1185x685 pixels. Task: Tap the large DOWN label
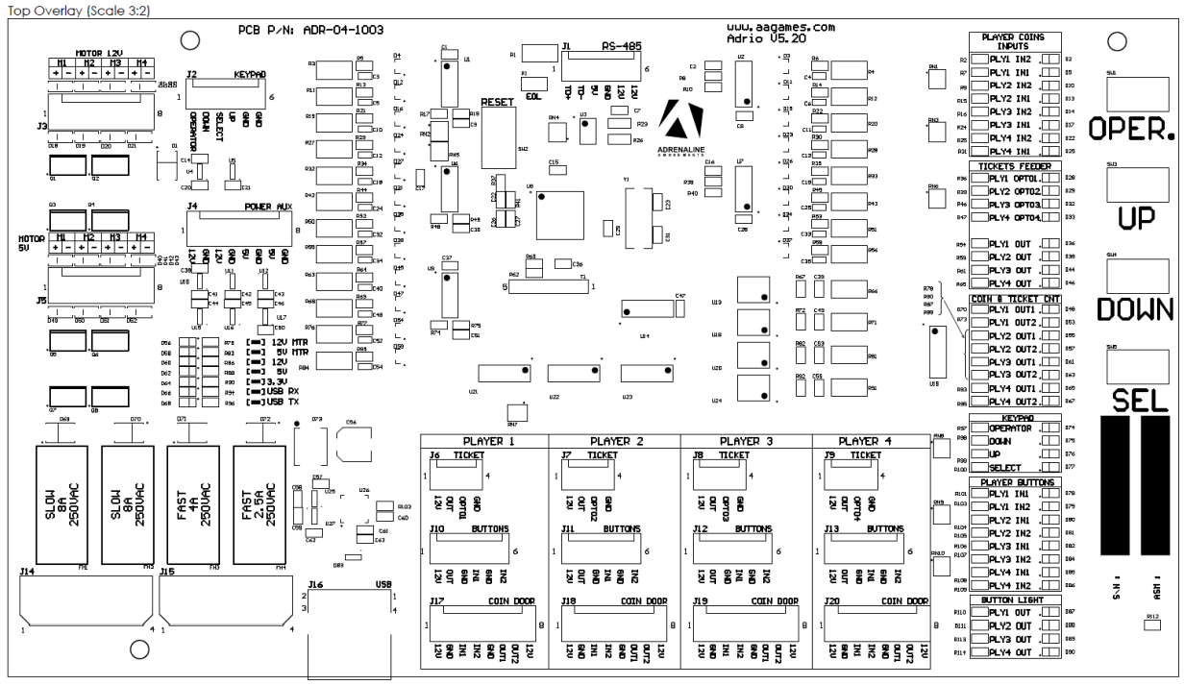1136,309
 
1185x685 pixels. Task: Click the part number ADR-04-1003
329,31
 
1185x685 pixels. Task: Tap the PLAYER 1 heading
484,441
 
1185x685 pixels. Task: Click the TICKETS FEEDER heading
1015,166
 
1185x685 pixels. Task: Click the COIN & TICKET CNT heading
1015,298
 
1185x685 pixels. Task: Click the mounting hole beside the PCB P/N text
190,39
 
